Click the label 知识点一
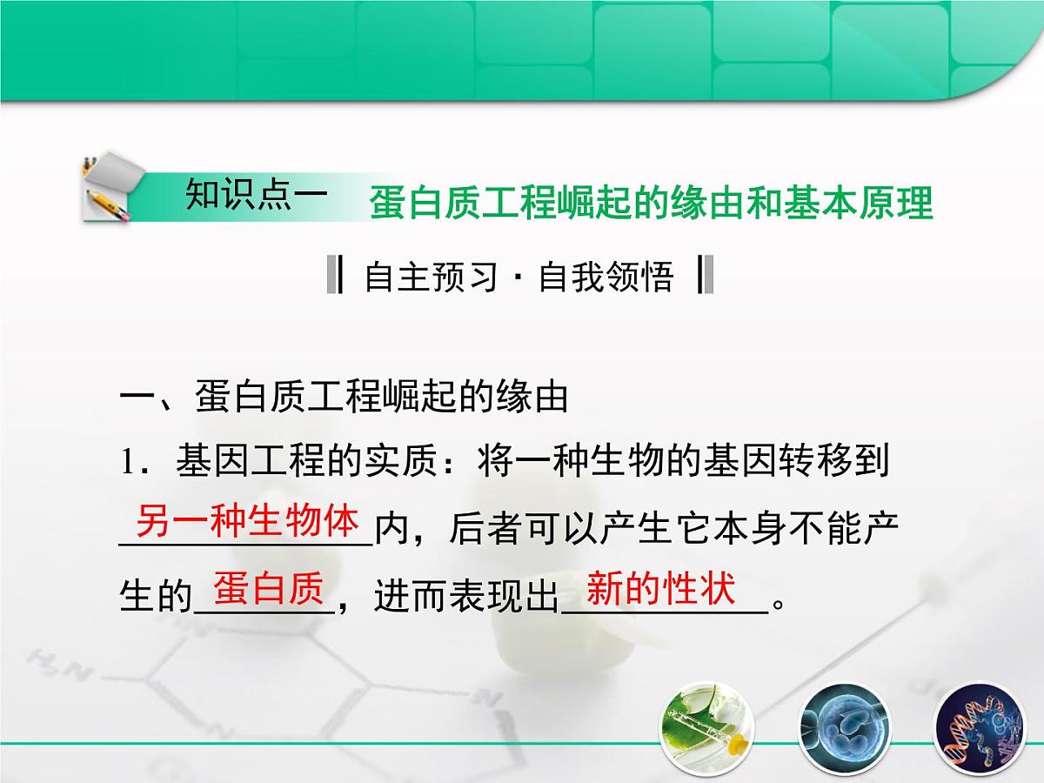tap(257, 196)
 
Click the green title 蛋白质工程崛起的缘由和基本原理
tap(651, 204)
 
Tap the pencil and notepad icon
tap(109, 188)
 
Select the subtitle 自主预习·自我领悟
tap(519, 277)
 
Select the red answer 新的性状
tap(661, 589)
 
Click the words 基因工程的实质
tap(304, 463)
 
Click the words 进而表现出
tap(465, 597)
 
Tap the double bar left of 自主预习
tap(334, 276)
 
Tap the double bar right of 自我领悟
tap(706, 276)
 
